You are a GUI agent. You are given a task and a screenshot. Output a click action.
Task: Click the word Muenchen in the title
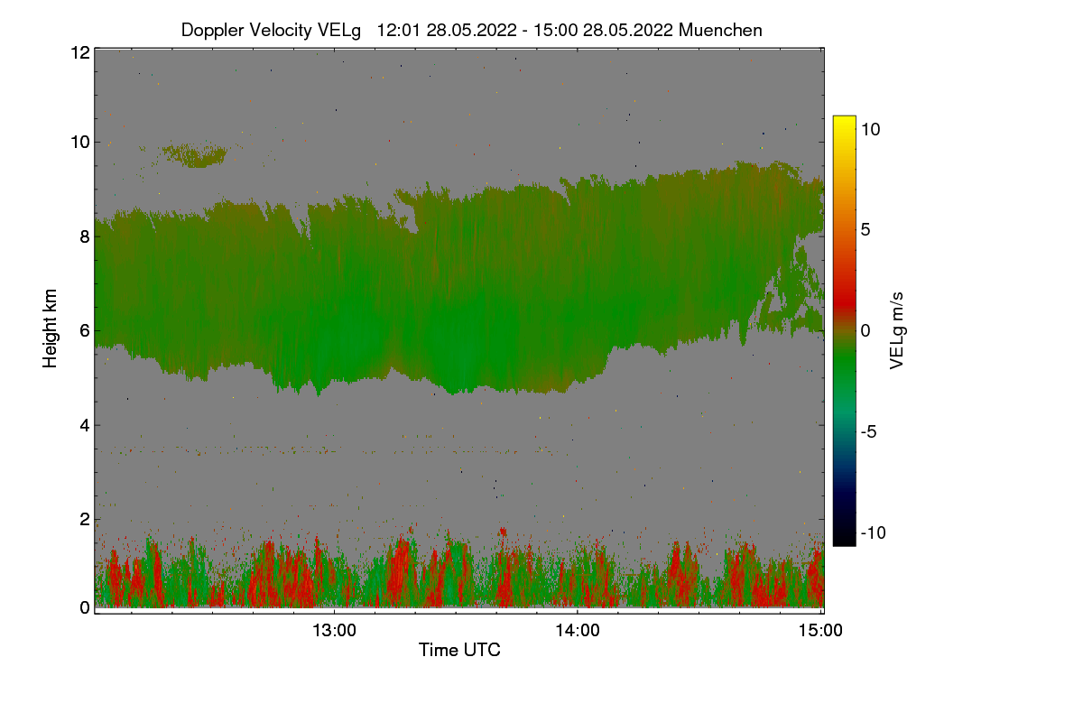tap(720, 30)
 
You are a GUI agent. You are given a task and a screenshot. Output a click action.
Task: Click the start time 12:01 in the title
tap(398, 30)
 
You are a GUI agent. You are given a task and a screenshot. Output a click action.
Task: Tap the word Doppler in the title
tap(215, 30)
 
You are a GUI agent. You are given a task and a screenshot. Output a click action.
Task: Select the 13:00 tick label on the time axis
tap(334, 631)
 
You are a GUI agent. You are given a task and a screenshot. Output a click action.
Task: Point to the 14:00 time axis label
tap(578, 631)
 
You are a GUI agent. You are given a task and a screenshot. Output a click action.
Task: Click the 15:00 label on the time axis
tap(820, 631)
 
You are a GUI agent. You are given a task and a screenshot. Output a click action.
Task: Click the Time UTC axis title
tap(459, 650)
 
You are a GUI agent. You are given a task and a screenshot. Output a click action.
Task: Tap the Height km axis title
tap(51, 328)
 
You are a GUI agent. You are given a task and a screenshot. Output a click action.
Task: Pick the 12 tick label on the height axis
tap(79, 52)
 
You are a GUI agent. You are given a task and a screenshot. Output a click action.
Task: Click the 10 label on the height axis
tap(79, 142)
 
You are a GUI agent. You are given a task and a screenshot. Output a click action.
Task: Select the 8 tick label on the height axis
tap(85, 236)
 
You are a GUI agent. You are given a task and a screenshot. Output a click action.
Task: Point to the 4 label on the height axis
tap(85, 425)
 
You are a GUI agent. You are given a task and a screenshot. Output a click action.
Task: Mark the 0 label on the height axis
tap(85, 607)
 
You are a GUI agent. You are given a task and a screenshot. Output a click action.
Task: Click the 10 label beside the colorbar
tap(871, 129)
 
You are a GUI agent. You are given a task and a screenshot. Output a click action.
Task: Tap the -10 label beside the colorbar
tap(873, 532)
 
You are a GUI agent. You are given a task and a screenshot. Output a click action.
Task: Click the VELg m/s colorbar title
tap(896, 330)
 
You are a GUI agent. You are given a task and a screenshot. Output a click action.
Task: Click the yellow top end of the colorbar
tap(844, 120)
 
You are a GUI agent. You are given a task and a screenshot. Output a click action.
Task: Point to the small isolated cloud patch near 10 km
tap(194, 155)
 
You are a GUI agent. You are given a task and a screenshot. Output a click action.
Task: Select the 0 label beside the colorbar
tap(865, 330)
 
